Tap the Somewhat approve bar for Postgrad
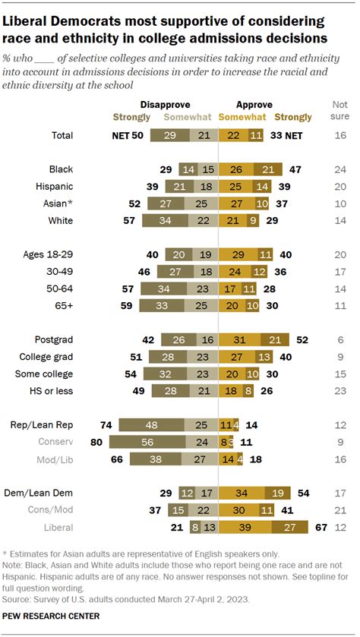[x=238, y=340]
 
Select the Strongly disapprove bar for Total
[x=168, y=135]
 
